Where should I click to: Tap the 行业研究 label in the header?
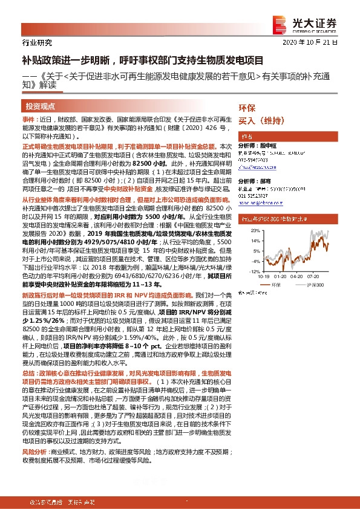click(x=37, y=42)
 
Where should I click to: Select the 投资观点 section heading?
click(x=41, y=106)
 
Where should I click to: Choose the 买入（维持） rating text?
click(x=261, y=120)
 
